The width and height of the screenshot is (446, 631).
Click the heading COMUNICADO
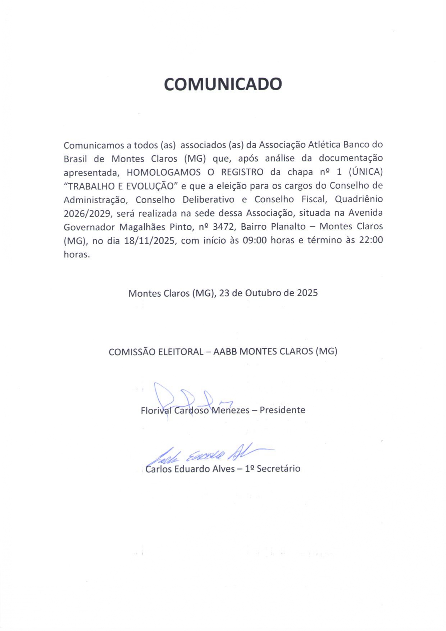point(223,84)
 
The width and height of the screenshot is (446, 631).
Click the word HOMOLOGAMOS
point(164,172)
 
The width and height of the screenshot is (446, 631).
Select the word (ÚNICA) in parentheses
point(366,172)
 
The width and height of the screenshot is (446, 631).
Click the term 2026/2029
point(87,214)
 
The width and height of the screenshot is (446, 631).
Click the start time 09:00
point(255,241)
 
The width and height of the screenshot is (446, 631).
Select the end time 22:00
point(371,240)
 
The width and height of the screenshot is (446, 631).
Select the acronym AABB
point(225,352)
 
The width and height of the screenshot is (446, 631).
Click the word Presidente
point(282,410)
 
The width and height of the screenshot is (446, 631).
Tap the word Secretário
point(278,469)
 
